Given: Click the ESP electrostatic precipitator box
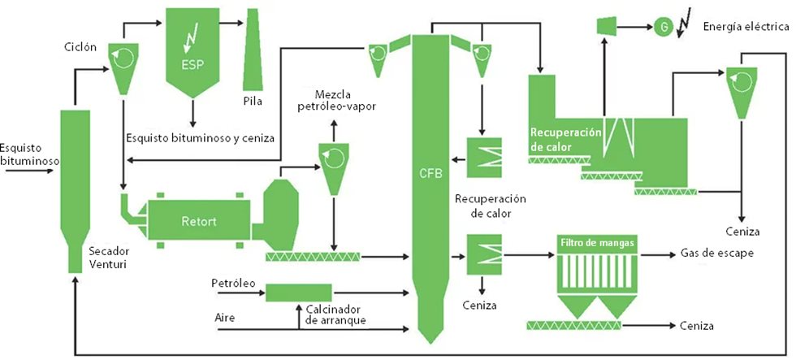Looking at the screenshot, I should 193,49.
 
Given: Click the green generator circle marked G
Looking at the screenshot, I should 664,28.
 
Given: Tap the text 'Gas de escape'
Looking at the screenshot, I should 716,254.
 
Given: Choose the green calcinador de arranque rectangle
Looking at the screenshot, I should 298,291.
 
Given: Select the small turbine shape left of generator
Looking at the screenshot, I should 606,27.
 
